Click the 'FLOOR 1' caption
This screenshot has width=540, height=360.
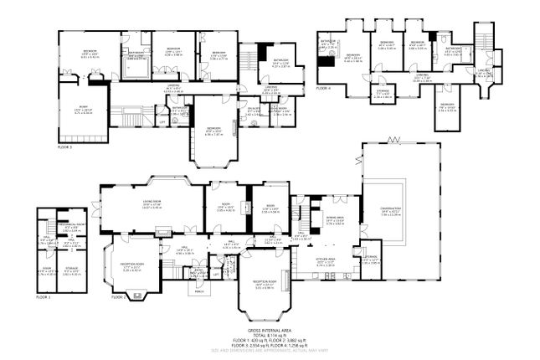tap(44, 297)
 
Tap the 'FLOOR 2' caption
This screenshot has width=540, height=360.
tap(117, 297)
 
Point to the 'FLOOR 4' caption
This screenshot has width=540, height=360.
tap(324, 86)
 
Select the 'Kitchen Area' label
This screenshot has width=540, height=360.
tap(326, 261)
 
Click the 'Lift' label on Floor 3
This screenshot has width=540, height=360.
tap(162, 121)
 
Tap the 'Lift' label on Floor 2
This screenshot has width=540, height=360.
tap(215, 272)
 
